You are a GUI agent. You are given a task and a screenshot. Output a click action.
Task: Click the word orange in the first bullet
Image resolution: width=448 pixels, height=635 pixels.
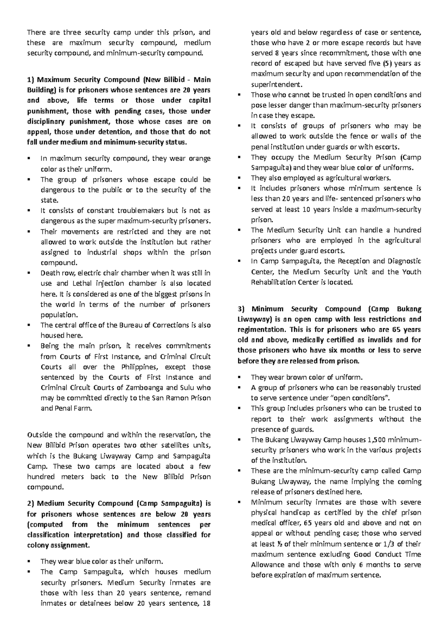[x=200, y=159]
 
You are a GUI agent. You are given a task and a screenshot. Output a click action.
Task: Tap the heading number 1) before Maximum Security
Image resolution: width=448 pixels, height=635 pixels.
[x=30, y=80]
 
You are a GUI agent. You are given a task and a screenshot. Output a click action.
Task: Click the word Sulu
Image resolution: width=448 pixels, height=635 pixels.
[x=186, y=387]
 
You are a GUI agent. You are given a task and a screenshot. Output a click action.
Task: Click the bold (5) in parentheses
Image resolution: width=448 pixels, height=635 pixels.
[x=378, y=63]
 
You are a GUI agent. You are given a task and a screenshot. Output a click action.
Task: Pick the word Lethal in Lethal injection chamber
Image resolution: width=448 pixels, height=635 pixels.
[x=67, y=283]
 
